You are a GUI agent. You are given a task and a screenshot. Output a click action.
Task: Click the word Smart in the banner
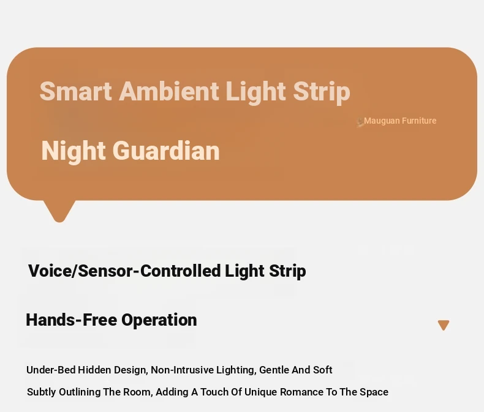pyautogui.click(x=75, y=91)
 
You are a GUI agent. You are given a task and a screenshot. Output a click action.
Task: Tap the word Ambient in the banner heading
pyautogui.click(x=169, y=91)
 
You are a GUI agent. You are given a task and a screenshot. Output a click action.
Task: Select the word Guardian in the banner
pyautogui.click(x=166, y=151)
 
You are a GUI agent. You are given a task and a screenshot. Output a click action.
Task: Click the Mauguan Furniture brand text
pyautogui.click(x=400, y=121)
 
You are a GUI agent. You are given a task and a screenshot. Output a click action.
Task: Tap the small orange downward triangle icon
pyautogui.click(x=444, y=325)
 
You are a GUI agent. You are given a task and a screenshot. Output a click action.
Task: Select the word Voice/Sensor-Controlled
pyautogui.click(x=124, y=271)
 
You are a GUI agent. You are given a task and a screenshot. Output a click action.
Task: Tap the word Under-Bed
pyautogui.click(x=51, y=370)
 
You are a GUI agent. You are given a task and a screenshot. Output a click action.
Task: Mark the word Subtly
pyautogui.click(x=42, y=392)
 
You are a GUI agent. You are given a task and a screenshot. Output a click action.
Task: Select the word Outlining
pyautogui.click(x=80, y=392)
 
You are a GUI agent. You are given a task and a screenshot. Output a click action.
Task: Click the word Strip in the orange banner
pyautogui.click(x=322, y=92)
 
